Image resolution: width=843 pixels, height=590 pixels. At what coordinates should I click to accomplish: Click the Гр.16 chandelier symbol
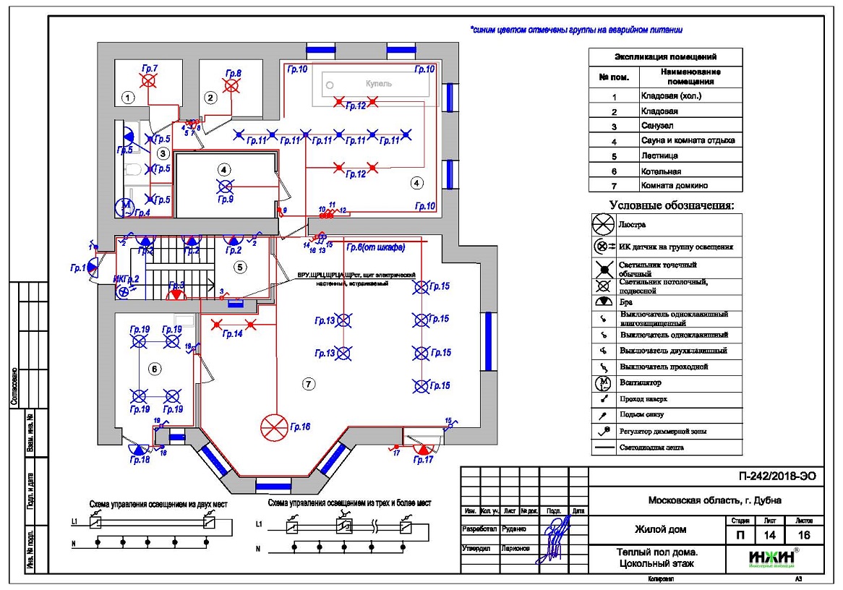coord(273,427)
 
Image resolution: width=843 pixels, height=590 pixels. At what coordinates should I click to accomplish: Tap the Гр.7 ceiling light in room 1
coord(148,82)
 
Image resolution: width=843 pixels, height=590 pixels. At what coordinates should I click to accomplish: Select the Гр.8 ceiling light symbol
coord(231,86)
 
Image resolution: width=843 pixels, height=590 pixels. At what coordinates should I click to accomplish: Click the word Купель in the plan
coord(378,84)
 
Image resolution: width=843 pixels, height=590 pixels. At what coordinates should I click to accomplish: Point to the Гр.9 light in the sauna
coord(225,186)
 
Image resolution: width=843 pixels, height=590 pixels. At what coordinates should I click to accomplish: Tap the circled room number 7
coord(309,384)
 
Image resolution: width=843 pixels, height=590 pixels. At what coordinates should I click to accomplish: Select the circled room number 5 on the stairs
coord(241,267)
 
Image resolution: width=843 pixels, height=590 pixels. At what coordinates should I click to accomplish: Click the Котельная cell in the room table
coord(661,171)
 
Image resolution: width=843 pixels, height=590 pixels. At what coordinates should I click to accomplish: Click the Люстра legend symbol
coord(603,225)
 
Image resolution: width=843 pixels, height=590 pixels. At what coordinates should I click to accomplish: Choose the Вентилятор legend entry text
coord(641,382)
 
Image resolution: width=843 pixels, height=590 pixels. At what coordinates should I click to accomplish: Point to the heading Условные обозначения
coord(671,205)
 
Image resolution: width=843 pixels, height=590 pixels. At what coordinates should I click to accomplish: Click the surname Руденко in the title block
coord(515,528)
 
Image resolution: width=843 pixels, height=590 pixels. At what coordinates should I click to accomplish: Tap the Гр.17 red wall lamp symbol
coord(421,449)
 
